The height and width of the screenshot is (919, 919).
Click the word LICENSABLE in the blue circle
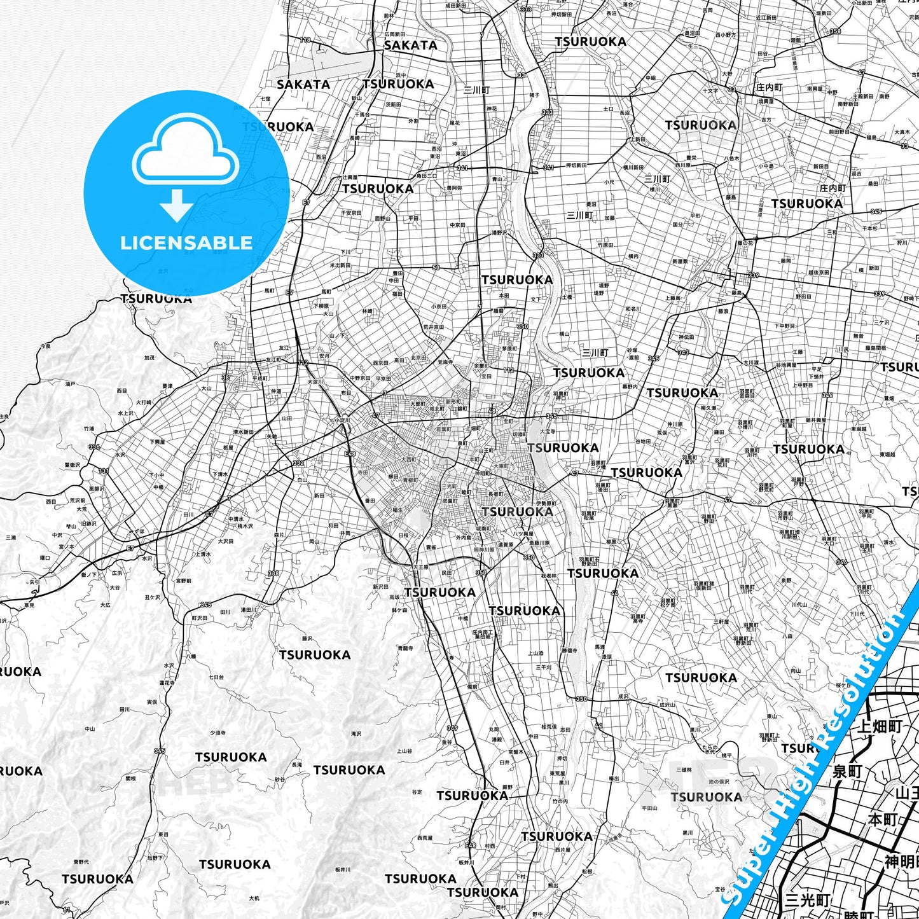coord(186,243)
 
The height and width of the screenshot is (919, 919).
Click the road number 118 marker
coord(305,40)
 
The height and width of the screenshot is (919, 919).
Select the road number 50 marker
coord(436,268)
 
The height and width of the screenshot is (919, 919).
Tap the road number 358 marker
coord(834,31)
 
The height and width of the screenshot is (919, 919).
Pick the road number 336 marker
coord(94,446)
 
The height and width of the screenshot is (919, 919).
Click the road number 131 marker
coord(104,471)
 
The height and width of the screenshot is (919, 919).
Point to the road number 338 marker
coord(273,574)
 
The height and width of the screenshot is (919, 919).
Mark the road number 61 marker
coord(66,910)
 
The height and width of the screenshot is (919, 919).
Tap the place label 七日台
coord(216,677)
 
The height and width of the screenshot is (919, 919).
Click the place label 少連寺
coord(218,733)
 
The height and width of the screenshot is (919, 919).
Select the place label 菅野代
coord(81,862)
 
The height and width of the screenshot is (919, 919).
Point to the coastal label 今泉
coord(45,347)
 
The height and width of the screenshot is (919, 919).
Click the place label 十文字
coord(710,91)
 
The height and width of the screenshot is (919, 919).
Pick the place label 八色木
coord(731,158)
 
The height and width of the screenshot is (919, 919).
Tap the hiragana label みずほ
coord(137,531)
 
